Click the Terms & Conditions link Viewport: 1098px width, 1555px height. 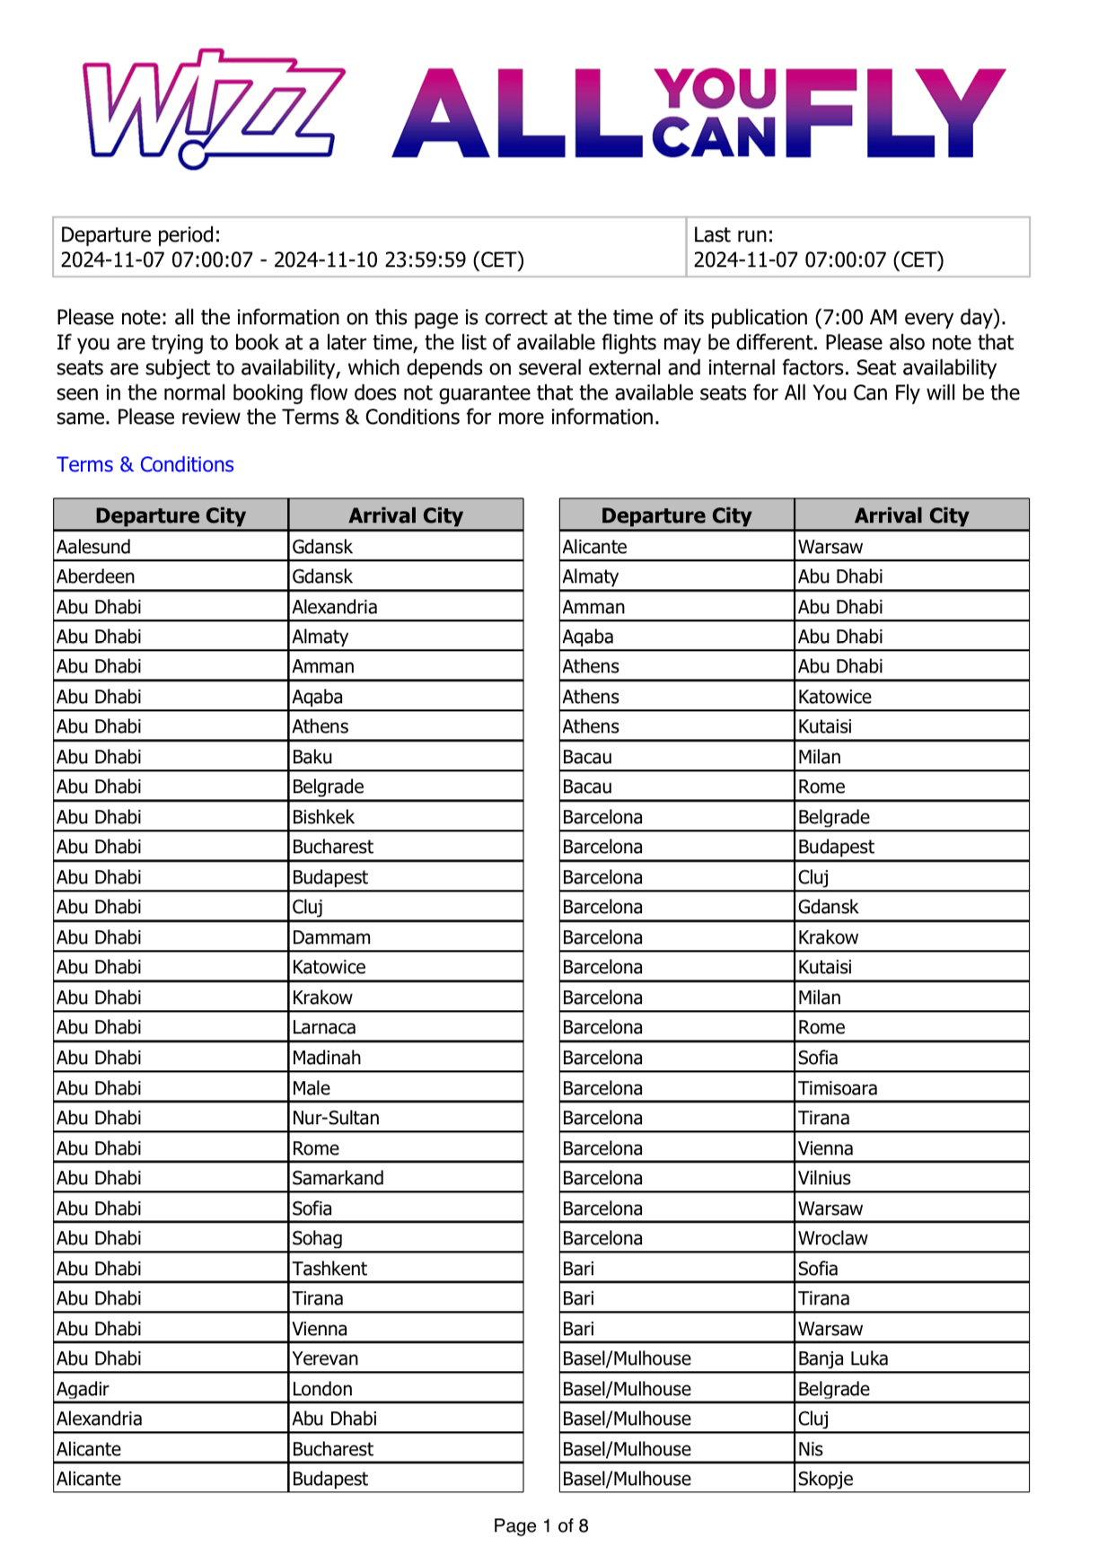tap(145, 464)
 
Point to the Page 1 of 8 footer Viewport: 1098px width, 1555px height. tap(540, 1525)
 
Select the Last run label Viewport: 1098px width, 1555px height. tap(733, 235)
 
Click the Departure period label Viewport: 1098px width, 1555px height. tap(140, 235)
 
